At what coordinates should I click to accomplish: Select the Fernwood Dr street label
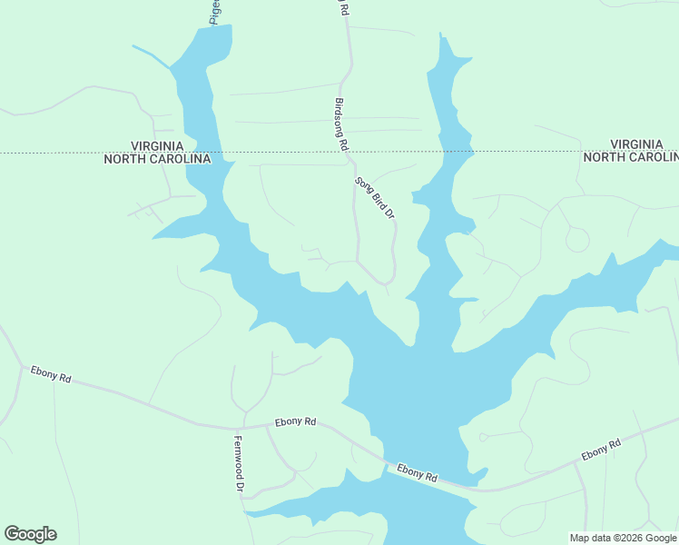coord(239,465)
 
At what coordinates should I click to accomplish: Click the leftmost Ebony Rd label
coord(51,373)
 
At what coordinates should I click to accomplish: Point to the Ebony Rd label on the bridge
coord(418,474)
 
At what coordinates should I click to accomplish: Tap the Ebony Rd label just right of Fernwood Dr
coord(297,421)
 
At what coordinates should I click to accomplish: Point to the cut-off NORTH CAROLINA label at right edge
coord(630,157)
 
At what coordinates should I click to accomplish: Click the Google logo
coord(30,534)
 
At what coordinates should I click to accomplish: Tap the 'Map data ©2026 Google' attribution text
coord(623,538)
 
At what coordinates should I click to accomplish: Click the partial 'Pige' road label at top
coord(215,11)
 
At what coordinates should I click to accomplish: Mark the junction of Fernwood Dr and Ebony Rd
coord(240,427)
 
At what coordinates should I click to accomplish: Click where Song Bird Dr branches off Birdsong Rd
coord(352,163)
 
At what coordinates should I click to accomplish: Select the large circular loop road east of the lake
coord(576,239)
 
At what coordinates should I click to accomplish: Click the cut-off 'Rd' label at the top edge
coord(344,7)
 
